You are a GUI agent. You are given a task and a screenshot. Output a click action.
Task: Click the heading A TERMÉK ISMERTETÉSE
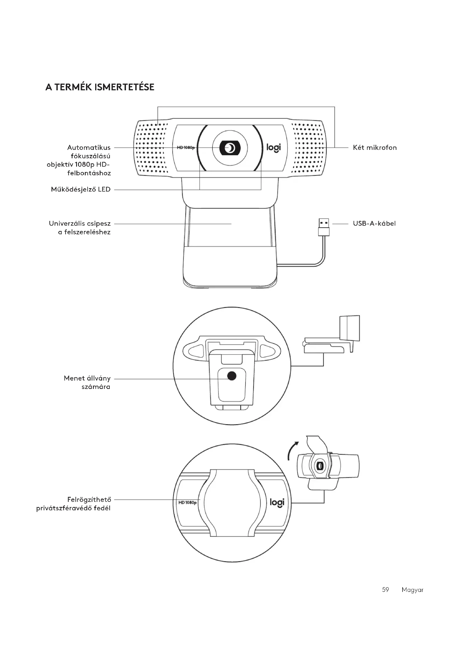click(100, 87)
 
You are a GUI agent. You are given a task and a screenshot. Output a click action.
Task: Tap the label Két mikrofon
click(375, 148)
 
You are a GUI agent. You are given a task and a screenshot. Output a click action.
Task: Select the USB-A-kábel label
click(374, 223)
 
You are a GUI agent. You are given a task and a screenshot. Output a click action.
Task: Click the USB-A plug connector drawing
click(324, 227)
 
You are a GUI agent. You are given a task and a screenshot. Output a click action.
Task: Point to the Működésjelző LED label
click(81, 189)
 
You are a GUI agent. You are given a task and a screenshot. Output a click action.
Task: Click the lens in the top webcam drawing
click(230, 148)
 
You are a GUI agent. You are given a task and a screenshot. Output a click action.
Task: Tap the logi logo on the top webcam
click(273, 148)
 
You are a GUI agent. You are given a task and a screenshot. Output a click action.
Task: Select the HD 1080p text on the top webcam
click(186, 148)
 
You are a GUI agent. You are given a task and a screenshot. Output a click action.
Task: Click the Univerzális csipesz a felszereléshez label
click(80, 228)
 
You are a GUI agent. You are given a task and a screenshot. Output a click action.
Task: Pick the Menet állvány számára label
click(87, 382)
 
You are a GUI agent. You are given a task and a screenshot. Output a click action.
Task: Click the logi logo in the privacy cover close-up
click(277, 502)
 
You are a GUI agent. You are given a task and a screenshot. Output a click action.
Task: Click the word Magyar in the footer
click(412, 590)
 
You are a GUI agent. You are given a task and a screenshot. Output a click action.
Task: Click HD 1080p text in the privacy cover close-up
click(187, 502)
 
